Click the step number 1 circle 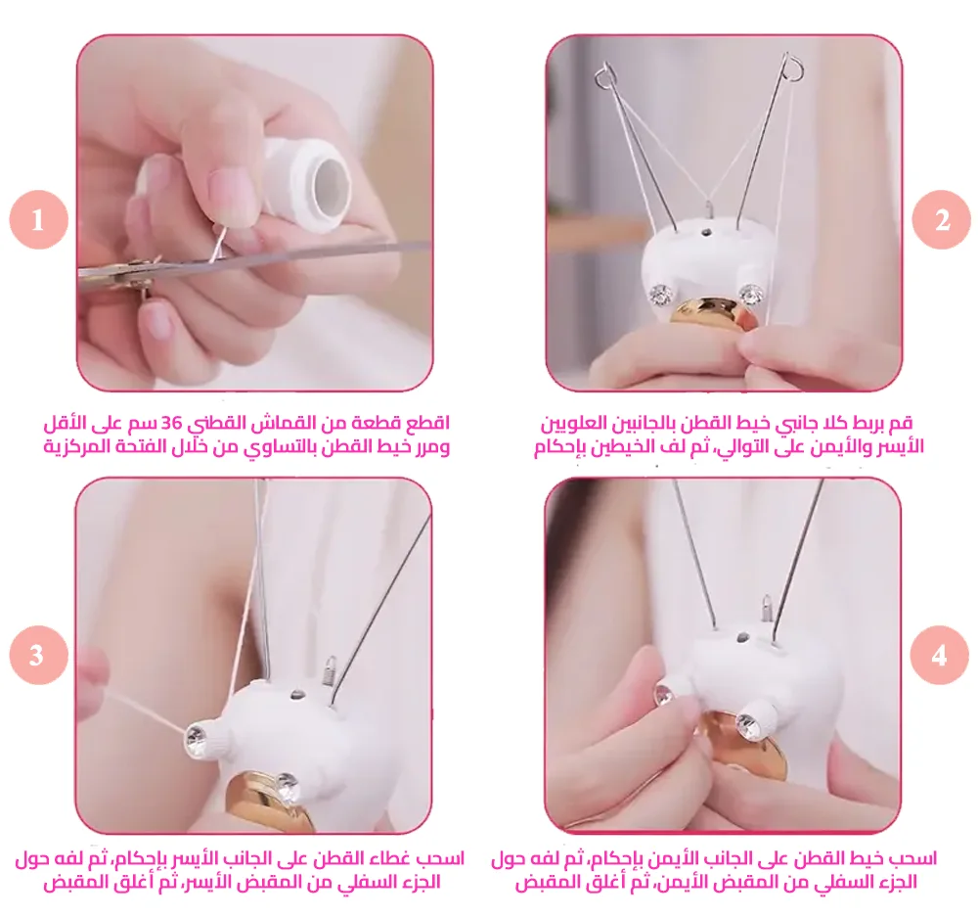[39, 219]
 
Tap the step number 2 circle [941, 219]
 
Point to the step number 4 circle [939, 656]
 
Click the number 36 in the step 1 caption [171, 424]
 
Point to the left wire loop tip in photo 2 [605, 75]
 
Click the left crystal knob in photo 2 [660, 292]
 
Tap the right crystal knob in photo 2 [751, 292]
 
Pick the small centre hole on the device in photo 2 [706, 233]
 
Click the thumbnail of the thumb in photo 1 [226, 190]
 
